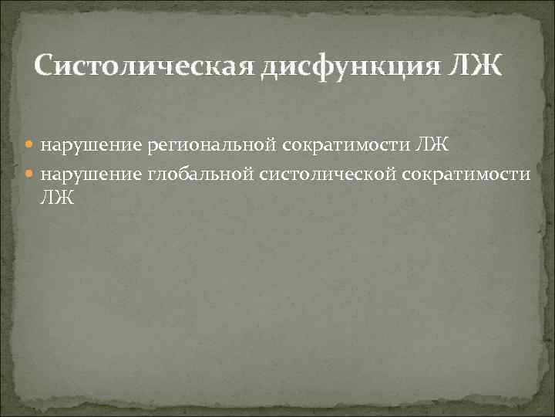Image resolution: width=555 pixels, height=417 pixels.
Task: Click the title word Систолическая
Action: pos(145,67)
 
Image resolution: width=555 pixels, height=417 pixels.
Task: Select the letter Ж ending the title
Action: pos(485,67)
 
